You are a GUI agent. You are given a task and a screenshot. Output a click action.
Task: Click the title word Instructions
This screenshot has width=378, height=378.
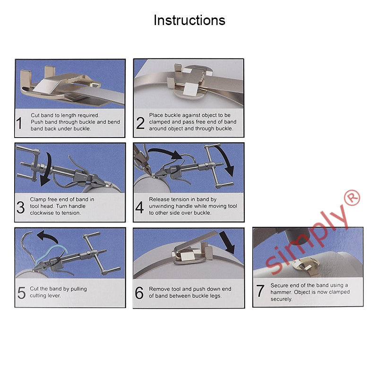(x=189, y=20)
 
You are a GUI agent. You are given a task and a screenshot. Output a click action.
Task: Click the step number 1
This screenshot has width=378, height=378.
(x=19, y=123)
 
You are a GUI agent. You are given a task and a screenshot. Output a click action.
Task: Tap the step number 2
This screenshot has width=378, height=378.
(x=140, y=123)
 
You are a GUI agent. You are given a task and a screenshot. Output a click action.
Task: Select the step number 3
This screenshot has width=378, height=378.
(x=20, y=206)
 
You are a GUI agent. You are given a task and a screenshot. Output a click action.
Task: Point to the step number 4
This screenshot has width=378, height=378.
(x=140, y=206)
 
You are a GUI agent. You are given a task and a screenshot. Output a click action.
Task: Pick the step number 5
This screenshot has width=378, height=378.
(x=21, y=292)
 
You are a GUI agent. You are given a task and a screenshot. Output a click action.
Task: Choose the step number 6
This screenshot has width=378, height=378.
(x=139, y=292)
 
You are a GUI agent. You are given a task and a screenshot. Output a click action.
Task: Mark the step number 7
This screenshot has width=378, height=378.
(x=260, y=292)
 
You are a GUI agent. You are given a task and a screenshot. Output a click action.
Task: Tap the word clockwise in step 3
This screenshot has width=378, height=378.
(x=42, y=213)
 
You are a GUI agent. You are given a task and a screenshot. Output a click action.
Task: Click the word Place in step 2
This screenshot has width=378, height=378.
(x=156, y=115)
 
